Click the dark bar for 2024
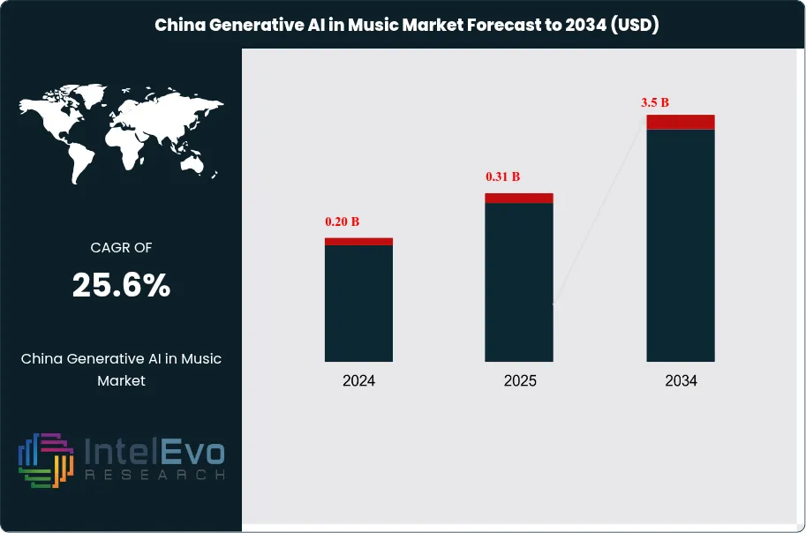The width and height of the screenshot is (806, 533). click(x=358, y=303)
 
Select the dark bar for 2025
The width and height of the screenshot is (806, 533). click(x=519, y=282)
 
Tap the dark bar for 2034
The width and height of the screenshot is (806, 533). click(x=681, y=244)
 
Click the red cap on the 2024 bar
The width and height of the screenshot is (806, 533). click(x=358, y=241)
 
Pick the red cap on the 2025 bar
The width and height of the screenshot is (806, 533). click(x=519, y=198)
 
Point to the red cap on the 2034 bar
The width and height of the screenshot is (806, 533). click(x=681, y=122)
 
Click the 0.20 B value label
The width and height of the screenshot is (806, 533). click(x=343, y=221)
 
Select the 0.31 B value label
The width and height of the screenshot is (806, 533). click(x=503, y=176)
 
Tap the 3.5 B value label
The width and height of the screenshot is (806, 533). click(x=655, y=102)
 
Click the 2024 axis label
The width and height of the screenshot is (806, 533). click(x=358, y=381)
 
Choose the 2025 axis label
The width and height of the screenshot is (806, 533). click(x=519, y=381)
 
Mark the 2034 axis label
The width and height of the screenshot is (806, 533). click(x=681, y=381)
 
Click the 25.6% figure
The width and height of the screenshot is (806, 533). click(x=121, y=285)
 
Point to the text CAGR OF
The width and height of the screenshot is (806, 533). click(x=121, y=248)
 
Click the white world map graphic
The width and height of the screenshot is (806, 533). click(x=121, y=132)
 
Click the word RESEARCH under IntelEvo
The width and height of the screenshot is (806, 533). click(x=154, y=475)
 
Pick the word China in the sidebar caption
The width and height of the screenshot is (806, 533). click(x=41, y=358)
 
